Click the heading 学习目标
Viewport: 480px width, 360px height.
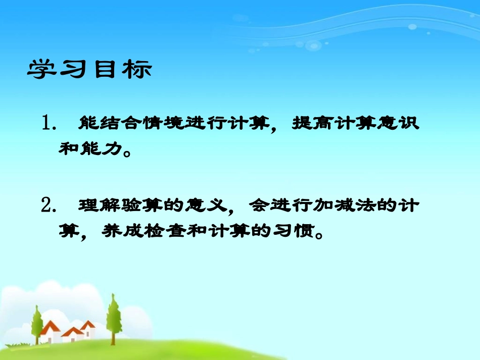89,70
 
